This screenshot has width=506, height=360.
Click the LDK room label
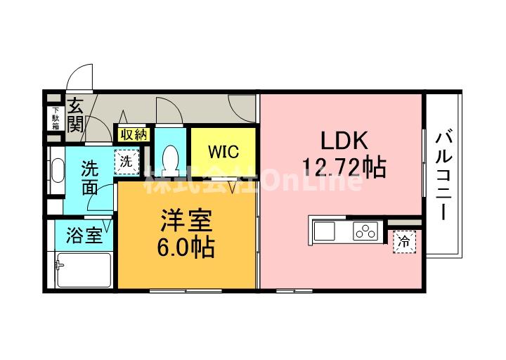(x=344, y=140)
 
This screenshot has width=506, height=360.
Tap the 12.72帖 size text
(x=344, y=167)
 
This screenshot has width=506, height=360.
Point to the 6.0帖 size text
(x=186, y=248)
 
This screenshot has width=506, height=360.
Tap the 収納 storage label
(x=132, y=134)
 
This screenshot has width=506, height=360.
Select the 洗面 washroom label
(x=89, y=177)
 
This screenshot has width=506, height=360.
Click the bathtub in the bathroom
(x=83, y=270)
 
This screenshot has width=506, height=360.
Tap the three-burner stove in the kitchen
(x=366, y=230)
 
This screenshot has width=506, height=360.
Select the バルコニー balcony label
(x=443, y=175)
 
